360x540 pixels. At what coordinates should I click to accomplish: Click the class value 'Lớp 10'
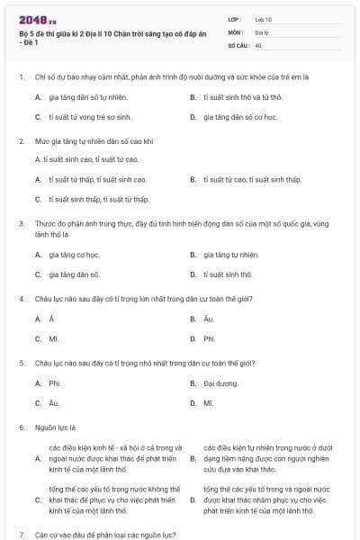[x=264, y=19]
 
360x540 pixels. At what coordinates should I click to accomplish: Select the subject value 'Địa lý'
[x=262, y=31]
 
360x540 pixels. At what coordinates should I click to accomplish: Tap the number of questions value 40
[x=258, y=44]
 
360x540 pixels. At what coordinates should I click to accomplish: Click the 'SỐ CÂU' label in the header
[x=238, y=44]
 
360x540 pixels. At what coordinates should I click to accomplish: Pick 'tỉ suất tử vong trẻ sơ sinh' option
[x=90, y=117]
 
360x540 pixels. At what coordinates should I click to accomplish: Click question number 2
[x=21, y=141]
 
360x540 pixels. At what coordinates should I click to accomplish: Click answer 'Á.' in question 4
[x=52, y=319]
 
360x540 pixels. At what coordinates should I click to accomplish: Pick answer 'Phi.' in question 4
[x=209, y=338]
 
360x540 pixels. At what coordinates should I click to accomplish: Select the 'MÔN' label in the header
[x=236, y=31]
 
